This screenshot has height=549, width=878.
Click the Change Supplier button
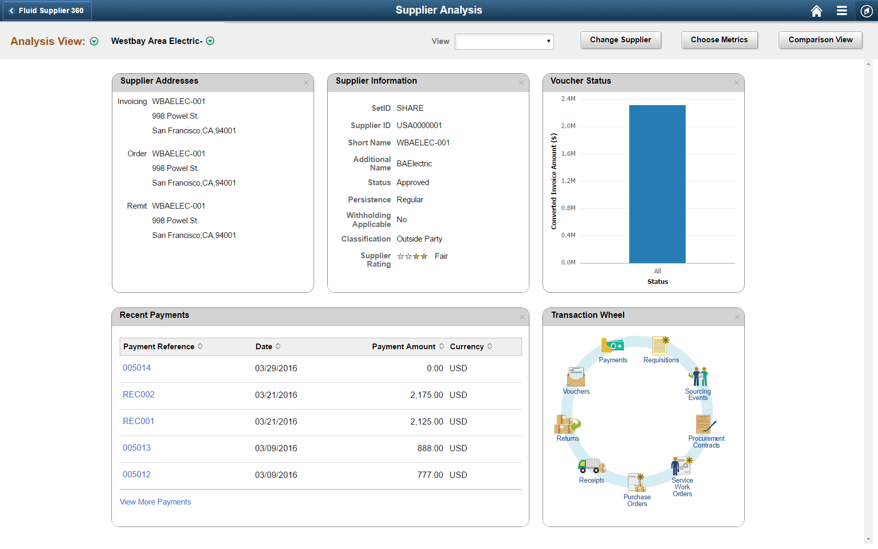620,40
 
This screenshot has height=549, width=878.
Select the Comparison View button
820,40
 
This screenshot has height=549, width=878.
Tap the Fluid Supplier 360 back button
47,10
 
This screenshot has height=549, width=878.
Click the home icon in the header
816,11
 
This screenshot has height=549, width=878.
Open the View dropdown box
504,41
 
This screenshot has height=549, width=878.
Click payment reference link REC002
138,395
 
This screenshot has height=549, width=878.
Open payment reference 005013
136,448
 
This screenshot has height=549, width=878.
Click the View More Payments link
155,502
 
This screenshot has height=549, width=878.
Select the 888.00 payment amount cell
430,449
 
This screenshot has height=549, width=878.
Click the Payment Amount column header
403,347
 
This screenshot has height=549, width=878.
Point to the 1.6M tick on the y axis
568,154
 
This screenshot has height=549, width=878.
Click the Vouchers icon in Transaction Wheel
576,376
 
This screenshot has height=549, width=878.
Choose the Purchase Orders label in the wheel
637,500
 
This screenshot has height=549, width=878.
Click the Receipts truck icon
592,465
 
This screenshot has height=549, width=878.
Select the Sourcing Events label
698,395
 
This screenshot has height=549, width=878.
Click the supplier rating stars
412,256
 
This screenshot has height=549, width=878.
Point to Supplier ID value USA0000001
419,125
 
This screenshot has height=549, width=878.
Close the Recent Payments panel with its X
522,317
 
